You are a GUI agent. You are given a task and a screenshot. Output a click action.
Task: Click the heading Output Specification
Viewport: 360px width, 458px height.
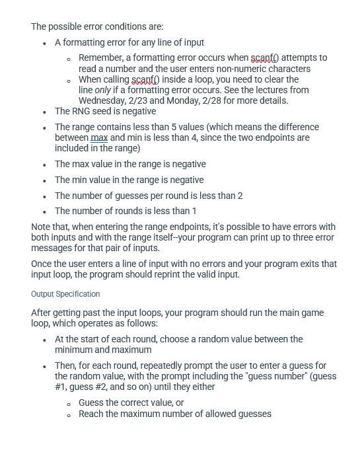[x=65, y=293]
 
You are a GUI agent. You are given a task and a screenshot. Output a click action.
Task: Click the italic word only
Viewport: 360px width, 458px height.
[x=106, y=90]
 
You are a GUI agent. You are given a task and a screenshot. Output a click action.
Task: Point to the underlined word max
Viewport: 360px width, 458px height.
[x=99, y=137]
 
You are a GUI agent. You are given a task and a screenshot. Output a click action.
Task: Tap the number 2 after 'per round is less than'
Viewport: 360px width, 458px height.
[x=240, y=195]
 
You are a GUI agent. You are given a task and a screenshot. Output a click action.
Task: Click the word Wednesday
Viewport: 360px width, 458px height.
[x=102, y=100]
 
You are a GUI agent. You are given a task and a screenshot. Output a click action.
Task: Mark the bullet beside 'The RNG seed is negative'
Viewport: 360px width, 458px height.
[x=44, y=112]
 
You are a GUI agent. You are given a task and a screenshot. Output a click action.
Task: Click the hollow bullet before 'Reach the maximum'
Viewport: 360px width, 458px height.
[x=69, y=414]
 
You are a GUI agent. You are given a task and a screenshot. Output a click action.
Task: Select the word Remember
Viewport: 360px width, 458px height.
[x=100, y=58]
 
